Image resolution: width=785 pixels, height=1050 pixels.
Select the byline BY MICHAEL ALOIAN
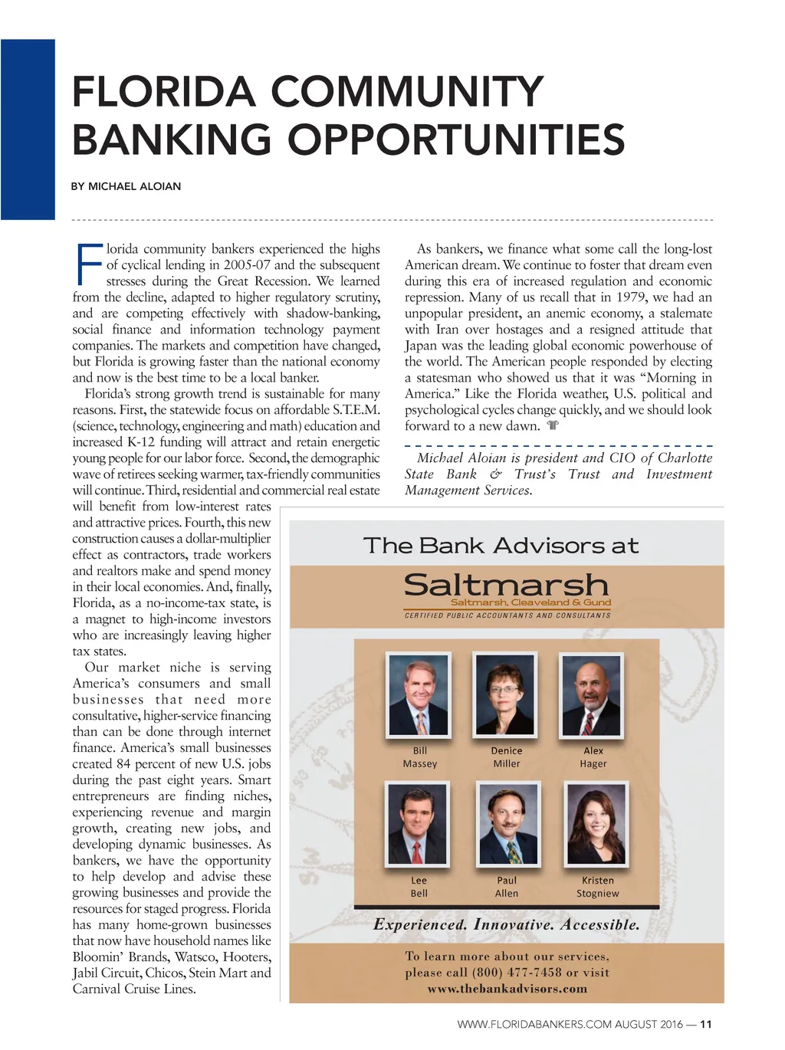tap(126, 186)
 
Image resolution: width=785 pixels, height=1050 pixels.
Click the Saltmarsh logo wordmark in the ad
tap(506, 586)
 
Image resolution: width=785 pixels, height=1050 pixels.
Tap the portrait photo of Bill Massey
tap(419, 695)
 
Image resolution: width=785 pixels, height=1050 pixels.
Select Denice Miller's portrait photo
tap(505, 695)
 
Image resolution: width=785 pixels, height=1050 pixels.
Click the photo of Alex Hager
tap(592, 695)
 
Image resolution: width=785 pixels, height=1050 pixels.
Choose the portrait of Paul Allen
tap(507, 824)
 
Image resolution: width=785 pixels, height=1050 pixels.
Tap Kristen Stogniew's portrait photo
tap(596, 824)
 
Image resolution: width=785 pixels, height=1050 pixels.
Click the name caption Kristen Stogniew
tap(597, 887)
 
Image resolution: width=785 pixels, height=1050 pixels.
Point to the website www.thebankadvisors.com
tap(507, 989)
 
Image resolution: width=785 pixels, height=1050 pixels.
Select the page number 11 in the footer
tap(706, 1024)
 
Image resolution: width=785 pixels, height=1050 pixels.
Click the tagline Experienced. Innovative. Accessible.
tap(506, 924)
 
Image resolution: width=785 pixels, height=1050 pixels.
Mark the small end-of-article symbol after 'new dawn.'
tap(553, 425)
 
